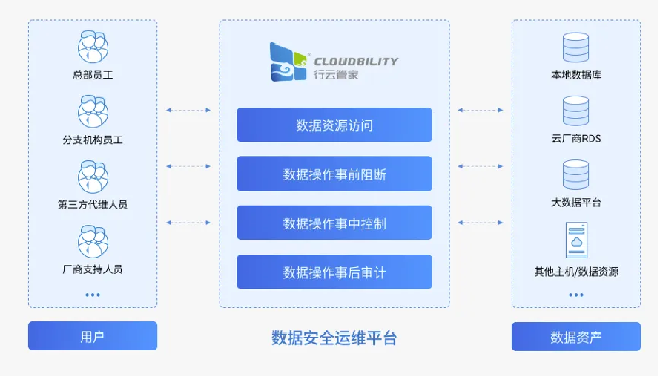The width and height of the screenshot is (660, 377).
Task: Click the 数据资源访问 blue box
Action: pos(334,125)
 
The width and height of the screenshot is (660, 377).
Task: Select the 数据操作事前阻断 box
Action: pos(334,174)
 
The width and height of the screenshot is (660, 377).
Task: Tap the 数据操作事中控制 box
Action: pos(334,223)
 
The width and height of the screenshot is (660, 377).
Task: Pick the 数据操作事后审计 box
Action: pos(334,272)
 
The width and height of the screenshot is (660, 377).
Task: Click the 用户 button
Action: pos(93,336)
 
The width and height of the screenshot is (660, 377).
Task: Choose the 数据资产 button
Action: pos(575,336)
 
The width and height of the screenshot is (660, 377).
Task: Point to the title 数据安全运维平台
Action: pos(334,338)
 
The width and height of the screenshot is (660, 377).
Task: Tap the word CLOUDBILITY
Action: pos(355,62)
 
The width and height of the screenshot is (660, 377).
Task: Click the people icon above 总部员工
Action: pos(93,47)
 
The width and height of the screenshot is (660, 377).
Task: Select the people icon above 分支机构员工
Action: pos(93,111)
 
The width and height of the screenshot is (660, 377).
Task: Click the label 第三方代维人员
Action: pos(93,204)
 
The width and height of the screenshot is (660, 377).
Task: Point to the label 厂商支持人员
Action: pos(93,269)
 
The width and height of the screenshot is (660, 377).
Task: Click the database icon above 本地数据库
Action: pos(575,47)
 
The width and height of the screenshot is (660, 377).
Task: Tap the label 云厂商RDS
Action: pos(575,139)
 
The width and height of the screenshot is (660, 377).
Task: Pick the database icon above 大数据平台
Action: pos(575,175)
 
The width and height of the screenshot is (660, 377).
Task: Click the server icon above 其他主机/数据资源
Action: pos(575,240)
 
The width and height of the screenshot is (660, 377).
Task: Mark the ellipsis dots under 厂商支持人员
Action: pos(93,295)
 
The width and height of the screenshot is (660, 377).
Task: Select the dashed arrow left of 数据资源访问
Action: pos(188,110)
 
